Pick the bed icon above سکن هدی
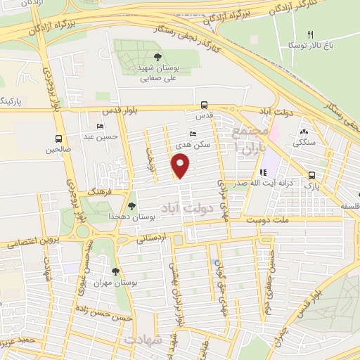[193, 134]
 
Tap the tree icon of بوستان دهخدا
[131, 205]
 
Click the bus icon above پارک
[311, 176]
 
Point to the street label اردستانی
[153, 238]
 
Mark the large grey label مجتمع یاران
[252, 141]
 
